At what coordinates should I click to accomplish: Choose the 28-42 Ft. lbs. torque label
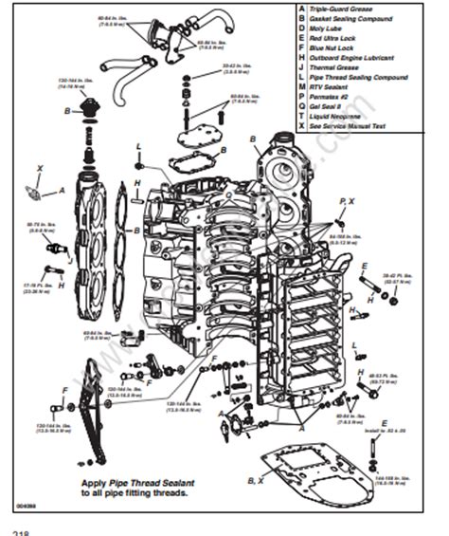tap(396, 277)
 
